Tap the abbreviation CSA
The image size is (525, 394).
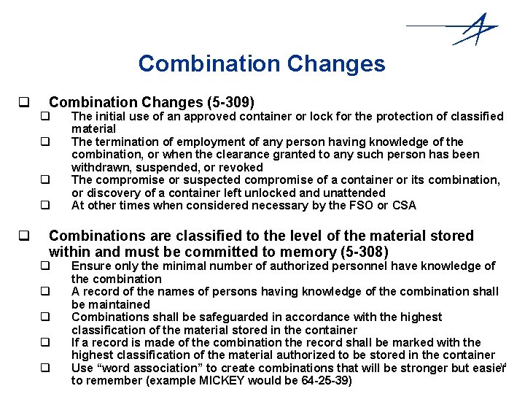[x=403, y=205]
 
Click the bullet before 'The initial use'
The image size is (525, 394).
[x=44, y=116]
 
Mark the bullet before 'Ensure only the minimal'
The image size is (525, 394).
[x=44, y=266]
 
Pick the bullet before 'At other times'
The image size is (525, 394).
[x=44, y=206]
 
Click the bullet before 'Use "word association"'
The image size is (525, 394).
[x=44, y=368]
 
